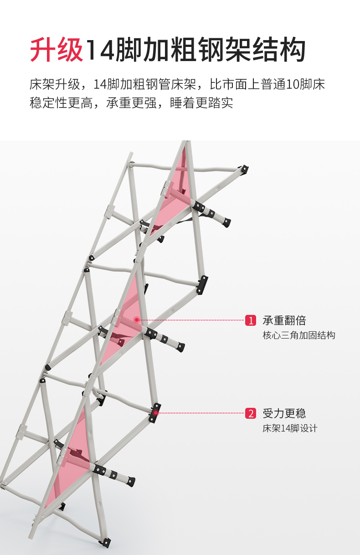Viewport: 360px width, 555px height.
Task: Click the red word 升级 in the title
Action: pos(57,50)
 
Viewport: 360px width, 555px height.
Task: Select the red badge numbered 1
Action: pos(251,320)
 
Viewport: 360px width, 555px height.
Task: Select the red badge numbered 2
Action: pos(251,413)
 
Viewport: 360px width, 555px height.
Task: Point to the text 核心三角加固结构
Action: pos(298,335)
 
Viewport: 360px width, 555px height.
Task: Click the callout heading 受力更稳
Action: pos(284,413)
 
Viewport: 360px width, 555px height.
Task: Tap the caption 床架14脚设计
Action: pos(290,428)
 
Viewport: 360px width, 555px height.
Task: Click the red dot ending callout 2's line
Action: pos(156,413)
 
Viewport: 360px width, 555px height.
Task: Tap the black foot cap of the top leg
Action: pos(226,223)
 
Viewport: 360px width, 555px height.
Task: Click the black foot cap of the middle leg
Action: pos(181,347)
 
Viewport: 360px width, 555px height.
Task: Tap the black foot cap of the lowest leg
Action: pos(132,481)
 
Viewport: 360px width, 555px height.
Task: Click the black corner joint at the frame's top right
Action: pos(244,170)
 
